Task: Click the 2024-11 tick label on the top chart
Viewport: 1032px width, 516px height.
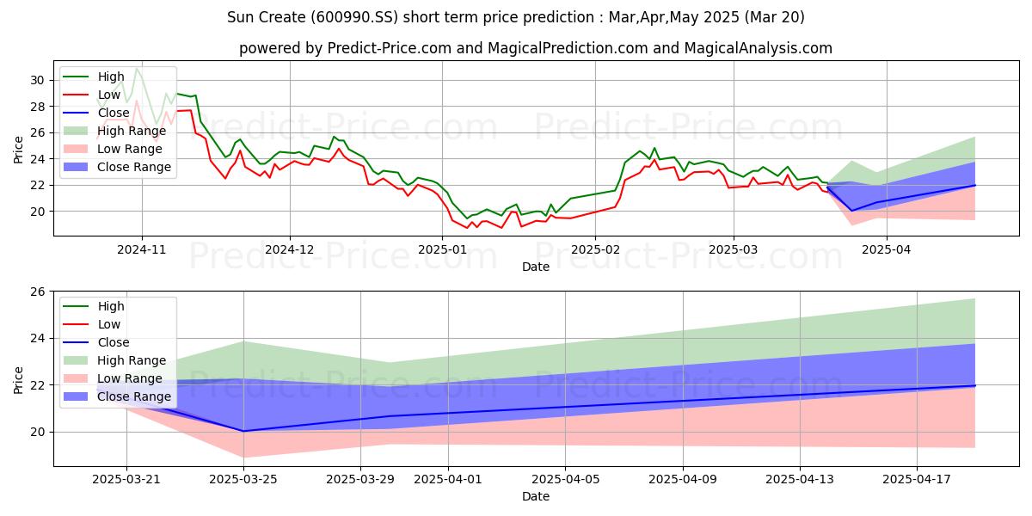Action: (x=141, y=249)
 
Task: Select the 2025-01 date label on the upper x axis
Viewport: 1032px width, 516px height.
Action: (x=442, y=249)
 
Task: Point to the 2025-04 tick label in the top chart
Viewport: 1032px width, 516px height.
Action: (x=887, y=249)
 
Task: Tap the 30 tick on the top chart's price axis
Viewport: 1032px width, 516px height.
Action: (x=37, y=80)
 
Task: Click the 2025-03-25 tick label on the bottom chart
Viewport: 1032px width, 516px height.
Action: (x=243, y=480)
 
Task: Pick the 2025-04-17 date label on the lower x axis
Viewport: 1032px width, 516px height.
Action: (x=917, y=480)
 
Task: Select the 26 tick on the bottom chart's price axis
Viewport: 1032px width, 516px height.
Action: (x=37, y=292)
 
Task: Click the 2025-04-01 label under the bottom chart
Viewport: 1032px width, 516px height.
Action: (x=448, y=480)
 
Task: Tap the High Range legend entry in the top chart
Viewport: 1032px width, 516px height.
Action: (x=114, y=131)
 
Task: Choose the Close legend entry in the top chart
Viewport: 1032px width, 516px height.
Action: (x=96, y=113)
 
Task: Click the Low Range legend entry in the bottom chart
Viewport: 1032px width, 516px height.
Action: (x=113, y=378)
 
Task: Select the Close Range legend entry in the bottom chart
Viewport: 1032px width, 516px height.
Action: (x=117, y=396)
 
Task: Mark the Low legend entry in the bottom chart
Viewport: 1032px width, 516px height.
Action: (x=92, y=324)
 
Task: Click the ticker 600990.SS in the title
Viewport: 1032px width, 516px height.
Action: (x=353, y=17)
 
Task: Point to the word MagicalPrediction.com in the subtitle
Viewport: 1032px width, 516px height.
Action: (x=568, y=48)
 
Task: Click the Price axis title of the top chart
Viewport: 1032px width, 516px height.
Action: (x=18, y=150)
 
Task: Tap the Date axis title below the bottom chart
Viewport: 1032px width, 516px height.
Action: (x=536, y=496)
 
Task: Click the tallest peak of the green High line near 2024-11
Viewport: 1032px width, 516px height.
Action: (x=137, y=69)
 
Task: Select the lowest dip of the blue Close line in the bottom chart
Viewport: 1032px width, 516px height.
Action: (x=243, y=431)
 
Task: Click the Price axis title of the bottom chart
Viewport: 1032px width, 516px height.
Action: (x=18, y=380)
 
